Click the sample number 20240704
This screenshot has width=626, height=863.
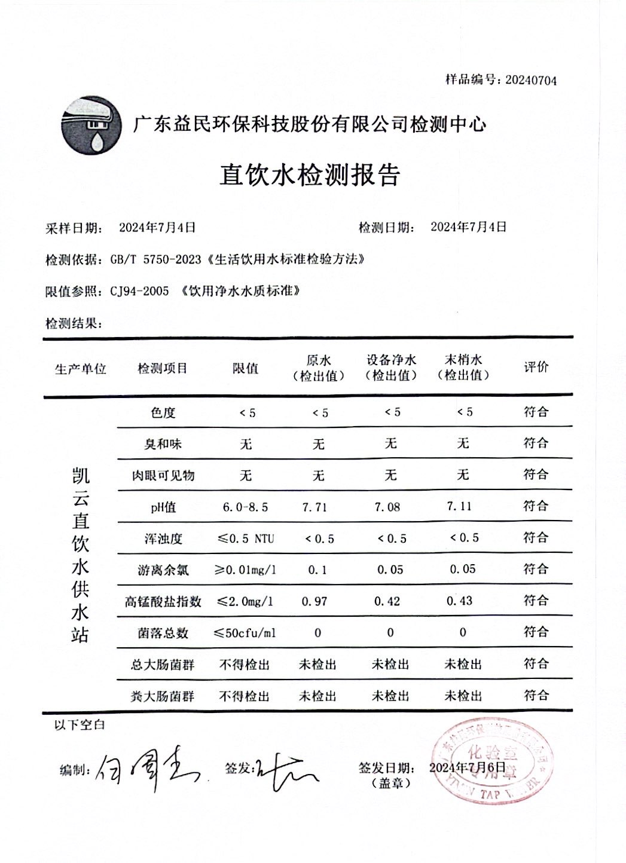(530, 81)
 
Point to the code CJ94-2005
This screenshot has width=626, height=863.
(139, 292)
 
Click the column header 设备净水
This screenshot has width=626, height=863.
(392, 360)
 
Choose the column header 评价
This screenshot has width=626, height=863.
(536, 367)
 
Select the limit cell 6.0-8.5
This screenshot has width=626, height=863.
(245, 507)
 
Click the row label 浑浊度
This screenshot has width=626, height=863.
(163, 539)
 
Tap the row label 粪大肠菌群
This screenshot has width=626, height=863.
(163, 696)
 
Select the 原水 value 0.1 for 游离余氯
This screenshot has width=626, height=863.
(317, 570)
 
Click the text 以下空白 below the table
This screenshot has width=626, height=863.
(80, 725)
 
